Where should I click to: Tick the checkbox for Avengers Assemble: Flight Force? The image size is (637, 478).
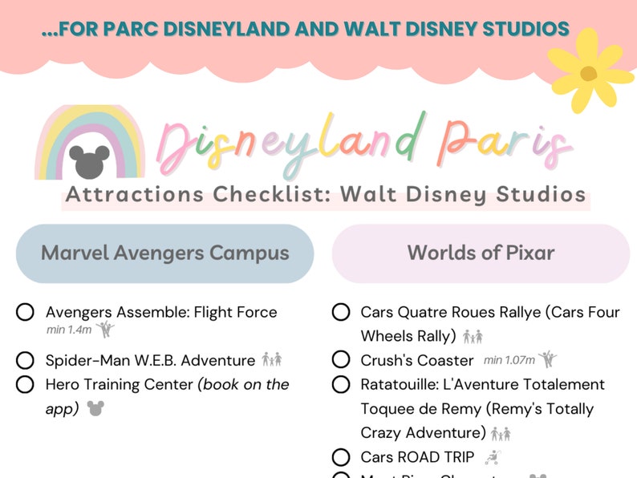25,312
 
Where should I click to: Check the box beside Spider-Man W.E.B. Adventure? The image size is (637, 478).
25,360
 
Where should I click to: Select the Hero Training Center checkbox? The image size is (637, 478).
25,384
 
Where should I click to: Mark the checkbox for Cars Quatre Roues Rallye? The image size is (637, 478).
341,312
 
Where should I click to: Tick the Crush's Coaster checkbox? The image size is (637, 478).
341,360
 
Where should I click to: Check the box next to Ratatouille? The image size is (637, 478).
341,384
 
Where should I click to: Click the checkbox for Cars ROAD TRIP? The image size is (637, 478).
341,457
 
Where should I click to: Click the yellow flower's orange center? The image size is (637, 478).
588,74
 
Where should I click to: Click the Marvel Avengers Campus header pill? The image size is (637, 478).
164,253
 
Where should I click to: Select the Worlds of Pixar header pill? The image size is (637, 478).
481,253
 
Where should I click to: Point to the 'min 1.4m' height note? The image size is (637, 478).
68,330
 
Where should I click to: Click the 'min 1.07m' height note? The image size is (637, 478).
509,361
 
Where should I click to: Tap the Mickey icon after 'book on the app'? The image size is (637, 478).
95,408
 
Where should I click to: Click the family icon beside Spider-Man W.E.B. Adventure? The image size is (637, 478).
272,360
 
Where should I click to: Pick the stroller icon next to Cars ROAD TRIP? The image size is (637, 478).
493,457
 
